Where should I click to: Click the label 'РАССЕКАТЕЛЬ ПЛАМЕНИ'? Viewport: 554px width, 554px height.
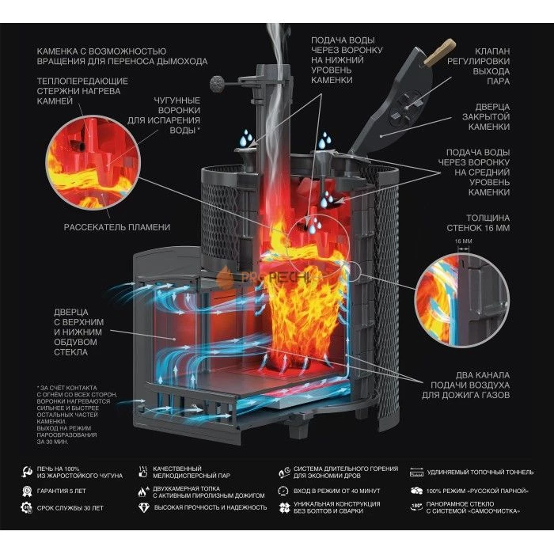point(117,227)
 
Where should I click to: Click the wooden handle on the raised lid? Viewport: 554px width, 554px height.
point(434,56)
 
